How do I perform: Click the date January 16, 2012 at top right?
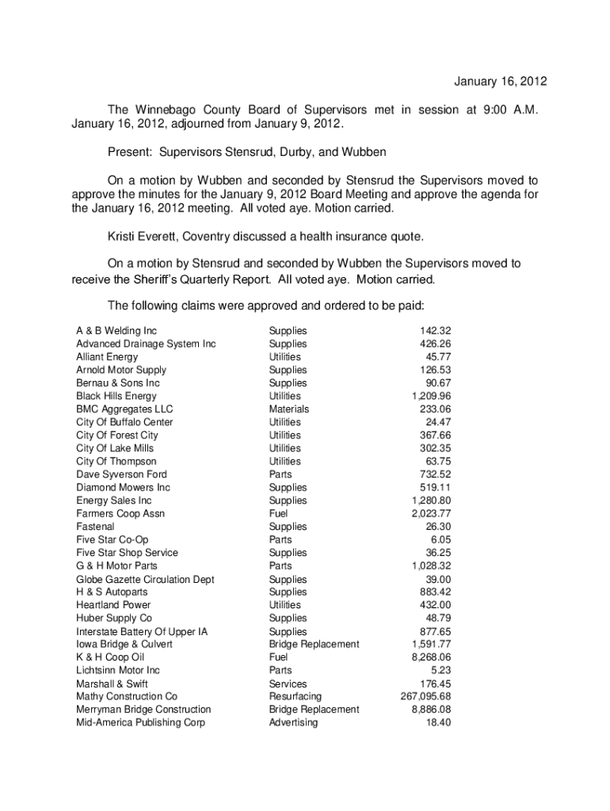[x=500, y=82]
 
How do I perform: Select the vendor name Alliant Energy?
[x=107, y=357]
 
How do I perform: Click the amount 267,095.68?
[x=426, y=696]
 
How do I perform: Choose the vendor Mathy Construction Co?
[x=127, y=696]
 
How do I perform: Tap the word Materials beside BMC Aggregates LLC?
[x=289, y=409]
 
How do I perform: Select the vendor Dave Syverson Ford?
[x=121, y=474]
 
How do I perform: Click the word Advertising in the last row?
[x=293, y=722]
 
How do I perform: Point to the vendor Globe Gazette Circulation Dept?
[x=145, y=579]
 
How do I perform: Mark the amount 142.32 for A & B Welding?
[x=436, y=331]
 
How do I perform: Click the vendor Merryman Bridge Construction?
[x=143, y=710]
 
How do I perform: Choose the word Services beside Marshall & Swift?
[x=288, y=683]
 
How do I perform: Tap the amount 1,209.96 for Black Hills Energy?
[x=431, y=396]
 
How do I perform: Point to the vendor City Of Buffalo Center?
[x=124, y=422]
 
